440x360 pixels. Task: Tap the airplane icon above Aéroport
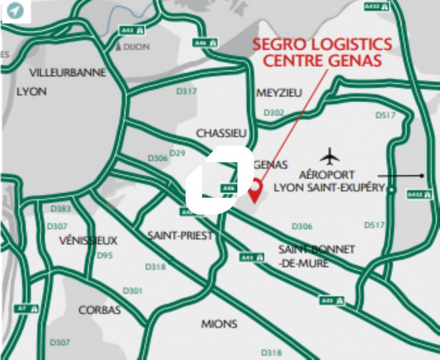[x=329, y=156]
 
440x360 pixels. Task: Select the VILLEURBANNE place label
[x=68, y=73]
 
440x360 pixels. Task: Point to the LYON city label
[x=32, y=91]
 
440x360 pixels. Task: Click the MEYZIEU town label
[x=279, y=93]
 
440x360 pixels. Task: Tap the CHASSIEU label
[x=222, y=133]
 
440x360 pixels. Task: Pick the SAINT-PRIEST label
[x=180, y=236]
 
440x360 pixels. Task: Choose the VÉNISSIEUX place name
[x=88, y=241]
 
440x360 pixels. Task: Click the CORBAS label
[x=100, y=310]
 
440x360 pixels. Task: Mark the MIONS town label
[x=219, y=323]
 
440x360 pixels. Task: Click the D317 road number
[x=186, y=91]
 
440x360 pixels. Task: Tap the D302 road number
[x=274, y=113]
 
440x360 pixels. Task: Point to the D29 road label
[x=177, y=152]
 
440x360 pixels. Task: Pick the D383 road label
[x=61, y=209]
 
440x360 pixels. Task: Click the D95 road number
[x=105, y=255]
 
